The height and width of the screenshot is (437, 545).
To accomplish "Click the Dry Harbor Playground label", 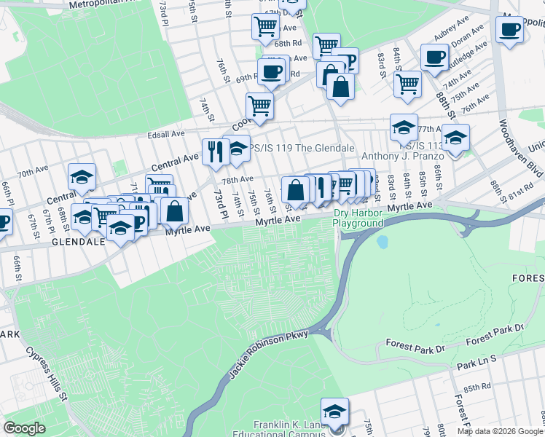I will [x=358, y=219].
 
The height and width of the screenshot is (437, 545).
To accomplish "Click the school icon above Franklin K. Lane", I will [x=334, y=411].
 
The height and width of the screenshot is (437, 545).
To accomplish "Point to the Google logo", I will [x=25, y=428].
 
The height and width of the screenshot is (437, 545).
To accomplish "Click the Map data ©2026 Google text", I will [x=499, y=431].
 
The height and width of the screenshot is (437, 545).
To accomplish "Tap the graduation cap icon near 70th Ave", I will [x=82, y=177].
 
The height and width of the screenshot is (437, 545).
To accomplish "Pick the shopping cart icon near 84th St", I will [x=407, y=83].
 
